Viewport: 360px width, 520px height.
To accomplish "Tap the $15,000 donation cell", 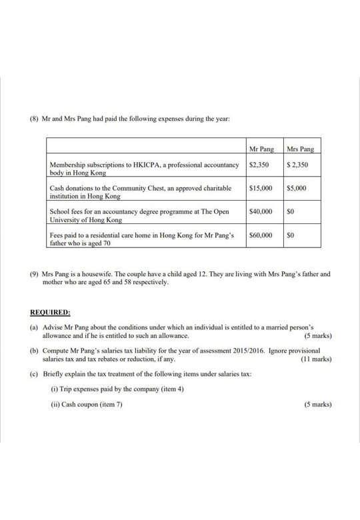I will pyautogui.click(x=260, y=189).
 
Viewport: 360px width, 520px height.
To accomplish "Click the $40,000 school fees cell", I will pyautogui.click(x=260, y=211).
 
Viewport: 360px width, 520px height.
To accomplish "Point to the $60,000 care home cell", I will pyautogui.click(x=260, y=235).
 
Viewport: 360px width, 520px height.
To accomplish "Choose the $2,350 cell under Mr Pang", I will pyautogui.click(x=258, y=164).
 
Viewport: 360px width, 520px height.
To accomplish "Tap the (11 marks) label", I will pyautogui.click(x=316, y=359).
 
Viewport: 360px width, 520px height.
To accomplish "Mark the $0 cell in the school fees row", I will pyautogui.click(x=290, y=211).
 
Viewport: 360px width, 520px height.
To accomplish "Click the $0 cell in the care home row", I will pyautogui.click(x=290, y=235).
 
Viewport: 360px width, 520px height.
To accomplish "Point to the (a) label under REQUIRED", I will pyautogui.click(x=34, y=328).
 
